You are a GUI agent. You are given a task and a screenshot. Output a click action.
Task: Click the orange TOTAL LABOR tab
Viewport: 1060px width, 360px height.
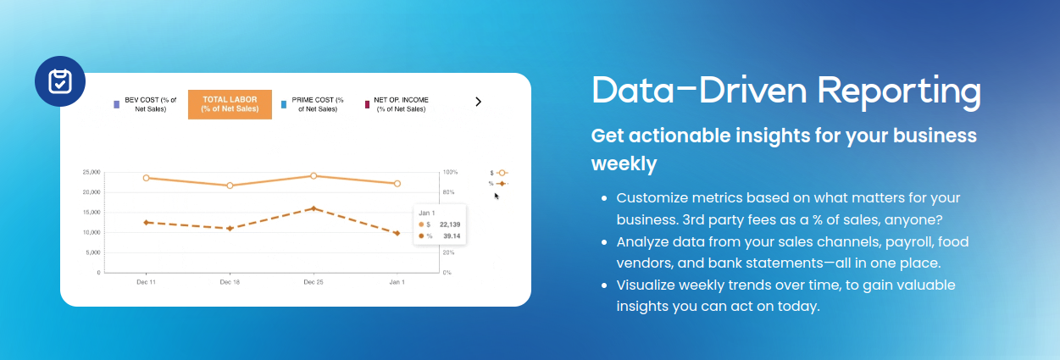230,104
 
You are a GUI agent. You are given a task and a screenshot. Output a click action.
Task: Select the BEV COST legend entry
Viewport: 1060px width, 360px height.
146,104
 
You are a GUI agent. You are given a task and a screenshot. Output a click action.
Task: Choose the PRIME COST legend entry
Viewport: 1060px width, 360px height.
313,104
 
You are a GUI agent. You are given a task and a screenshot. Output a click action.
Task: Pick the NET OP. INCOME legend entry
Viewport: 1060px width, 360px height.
397,104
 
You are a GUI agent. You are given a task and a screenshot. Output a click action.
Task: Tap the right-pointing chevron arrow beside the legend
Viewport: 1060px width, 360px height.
479,102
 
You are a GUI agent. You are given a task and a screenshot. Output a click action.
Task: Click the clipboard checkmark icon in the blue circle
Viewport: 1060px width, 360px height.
60,81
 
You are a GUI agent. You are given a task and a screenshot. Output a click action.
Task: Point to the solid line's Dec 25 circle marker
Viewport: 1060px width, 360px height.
314,176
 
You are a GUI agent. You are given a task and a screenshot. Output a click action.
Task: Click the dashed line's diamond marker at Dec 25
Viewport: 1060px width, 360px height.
314,208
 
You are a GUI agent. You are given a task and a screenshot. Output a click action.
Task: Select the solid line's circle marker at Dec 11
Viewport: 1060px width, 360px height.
147,178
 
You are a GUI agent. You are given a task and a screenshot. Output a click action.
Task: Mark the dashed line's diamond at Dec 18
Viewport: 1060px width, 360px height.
230,229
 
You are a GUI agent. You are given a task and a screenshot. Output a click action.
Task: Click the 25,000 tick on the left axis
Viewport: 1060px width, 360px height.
92,172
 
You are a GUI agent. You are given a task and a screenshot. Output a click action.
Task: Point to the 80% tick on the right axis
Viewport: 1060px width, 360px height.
448,192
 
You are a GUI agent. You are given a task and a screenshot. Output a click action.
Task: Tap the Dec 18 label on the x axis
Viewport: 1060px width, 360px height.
230,282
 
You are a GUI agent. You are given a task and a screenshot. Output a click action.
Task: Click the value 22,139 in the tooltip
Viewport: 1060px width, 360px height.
450,224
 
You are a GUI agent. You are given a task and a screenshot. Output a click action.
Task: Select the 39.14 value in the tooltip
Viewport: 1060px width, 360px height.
452,236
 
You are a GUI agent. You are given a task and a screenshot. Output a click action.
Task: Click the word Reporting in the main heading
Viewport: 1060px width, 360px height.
899,91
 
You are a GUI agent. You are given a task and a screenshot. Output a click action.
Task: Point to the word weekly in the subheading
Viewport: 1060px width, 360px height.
624,163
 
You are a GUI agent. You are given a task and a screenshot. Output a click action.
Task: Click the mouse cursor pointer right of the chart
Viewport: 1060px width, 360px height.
497,196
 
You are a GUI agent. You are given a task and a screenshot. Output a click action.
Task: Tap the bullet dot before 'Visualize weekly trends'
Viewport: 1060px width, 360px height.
604,285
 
